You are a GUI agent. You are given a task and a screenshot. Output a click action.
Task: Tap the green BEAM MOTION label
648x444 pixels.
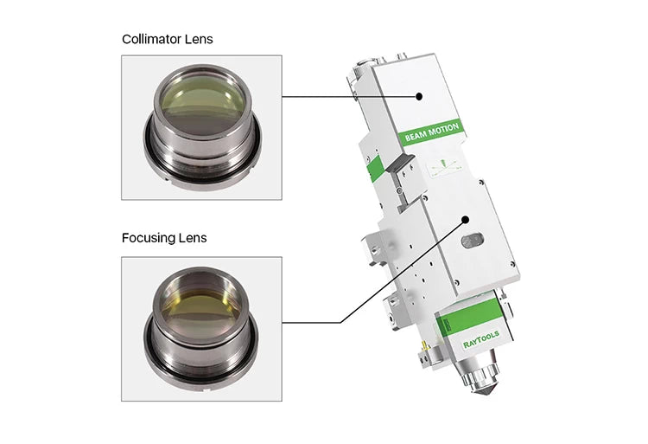coord(432,132)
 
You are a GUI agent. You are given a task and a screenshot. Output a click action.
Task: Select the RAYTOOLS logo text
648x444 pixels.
coord(481,339)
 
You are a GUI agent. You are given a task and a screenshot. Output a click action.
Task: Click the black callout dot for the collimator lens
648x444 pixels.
coord(419,96)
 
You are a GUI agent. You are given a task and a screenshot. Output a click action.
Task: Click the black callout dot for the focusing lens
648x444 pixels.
coord(466,220)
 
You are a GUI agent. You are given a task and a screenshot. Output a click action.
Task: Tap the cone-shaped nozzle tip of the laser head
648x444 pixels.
coord(485,388)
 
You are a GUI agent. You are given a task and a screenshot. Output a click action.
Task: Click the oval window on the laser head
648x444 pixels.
coord(473,241)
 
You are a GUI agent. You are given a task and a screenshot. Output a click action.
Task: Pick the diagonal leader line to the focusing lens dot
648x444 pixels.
coord(403,272)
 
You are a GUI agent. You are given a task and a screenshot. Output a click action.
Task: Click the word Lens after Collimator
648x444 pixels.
coord(199,39)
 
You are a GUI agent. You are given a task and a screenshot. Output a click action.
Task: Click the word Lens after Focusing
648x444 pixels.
coord(193,238)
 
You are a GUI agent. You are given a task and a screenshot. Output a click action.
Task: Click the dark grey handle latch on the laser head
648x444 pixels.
coord(400,163)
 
